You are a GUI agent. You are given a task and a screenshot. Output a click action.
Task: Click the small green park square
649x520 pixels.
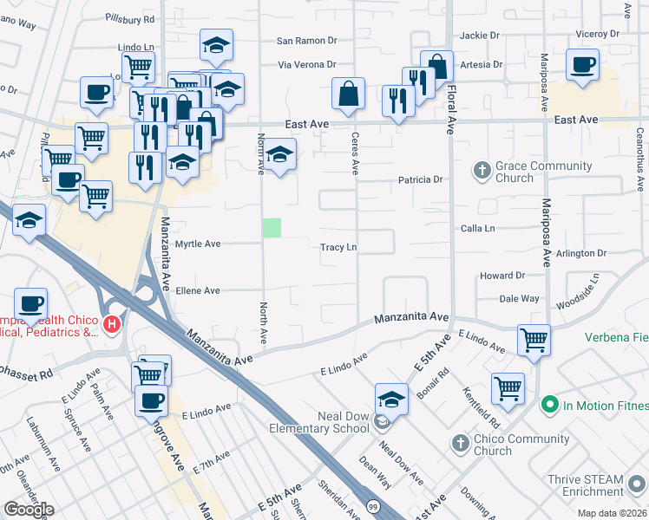272,228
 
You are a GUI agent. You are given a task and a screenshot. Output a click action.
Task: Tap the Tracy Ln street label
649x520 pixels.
339,247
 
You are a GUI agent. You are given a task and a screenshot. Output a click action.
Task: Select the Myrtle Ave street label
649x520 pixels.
199,244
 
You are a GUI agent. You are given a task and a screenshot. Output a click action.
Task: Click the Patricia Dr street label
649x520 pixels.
421,180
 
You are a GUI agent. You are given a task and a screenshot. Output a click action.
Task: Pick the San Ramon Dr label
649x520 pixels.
306,41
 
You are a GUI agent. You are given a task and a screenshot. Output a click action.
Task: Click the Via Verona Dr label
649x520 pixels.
306,64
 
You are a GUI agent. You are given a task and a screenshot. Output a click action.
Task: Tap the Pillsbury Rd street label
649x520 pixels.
129,17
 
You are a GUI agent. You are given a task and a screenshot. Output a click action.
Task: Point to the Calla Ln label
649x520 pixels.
477,229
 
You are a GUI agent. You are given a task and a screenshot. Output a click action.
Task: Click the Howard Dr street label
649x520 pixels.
502,276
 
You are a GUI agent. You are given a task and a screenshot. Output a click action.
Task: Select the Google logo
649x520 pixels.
29,510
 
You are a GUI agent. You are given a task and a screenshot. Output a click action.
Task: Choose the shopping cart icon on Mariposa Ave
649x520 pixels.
534,339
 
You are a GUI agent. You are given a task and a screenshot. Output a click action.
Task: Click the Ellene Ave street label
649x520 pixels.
199,291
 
